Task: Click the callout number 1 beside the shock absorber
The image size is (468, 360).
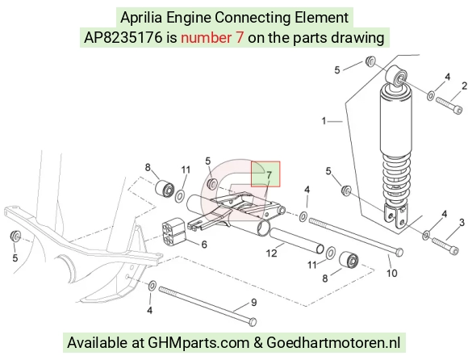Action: pos(324,121)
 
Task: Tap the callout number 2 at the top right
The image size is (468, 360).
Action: pos(464,86)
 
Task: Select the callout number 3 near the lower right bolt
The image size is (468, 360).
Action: pos(462,222)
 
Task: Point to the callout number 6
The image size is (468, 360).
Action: pos(204,245)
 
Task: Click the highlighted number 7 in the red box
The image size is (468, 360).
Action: pos(269,175)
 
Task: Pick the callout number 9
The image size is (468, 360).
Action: pos(253,303)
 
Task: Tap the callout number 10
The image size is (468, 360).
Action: pos(392,273)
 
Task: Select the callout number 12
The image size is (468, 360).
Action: pos(271,253)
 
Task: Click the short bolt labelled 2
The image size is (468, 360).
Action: pos(449,106)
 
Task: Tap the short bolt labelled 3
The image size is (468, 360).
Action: pos(445,246)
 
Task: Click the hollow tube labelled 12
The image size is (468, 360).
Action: pos(297,241)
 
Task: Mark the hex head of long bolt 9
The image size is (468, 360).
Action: pos(253,322)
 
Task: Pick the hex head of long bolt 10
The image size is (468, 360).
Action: pos(399,252)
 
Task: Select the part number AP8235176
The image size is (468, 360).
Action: pos(123,38)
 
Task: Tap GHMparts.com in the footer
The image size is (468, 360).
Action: pos(198,343)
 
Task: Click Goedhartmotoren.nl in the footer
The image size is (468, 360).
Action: pos(333,342)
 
